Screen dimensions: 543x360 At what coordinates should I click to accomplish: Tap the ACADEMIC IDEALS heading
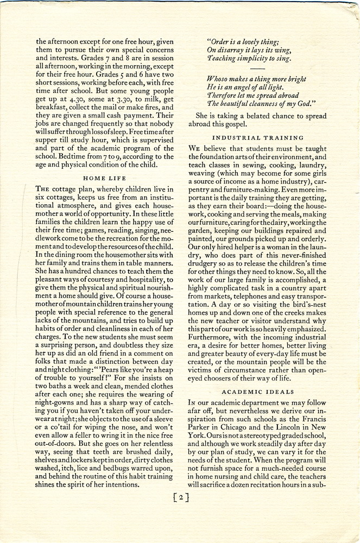click(258, 391)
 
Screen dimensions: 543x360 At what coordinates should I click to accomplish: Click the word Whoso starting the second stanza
click(221, 79)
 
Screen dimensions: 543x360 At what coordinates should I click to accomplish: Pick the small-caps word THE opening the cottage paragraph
click(43, 188)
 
